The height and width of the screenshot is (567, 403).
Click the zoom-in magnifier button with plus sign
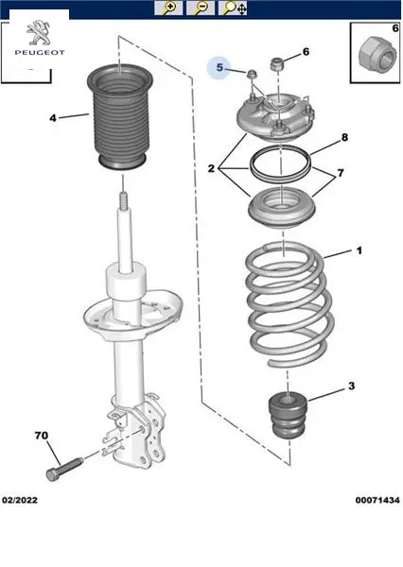tap(168, 8)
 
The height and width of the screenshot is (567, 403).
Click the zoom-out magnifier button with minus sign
tap(200, 8)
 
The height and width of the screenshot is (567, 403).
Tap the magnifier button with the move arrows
tap(233, 8)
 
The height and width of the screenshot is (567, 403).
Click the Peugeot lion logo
tap(39, 33)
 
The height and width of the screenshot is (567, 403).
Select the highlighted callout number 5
tap(219, 67)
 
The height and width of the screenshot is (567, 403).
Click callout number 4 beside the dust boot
tap(53, 118)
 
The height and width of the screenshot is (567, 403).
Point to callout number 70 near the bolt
tap(42, 436)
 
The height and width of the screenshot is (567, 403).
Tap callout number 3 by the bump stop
tap(352, 386)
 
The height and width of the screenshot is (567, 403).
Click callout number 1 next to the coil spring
tap(359, 250)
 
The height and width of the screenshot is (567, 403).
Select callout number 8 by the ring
tap(344, 137)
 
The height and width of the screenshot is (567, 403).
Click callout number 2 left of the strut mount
tap(212, 168)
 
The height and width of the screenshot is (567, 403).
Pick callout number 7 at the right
tap(341, 173)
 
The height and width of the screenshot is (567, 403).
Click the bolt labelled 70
tap(64, 469)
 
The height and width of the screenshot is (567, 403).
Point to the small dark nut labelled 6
tap(276, 64)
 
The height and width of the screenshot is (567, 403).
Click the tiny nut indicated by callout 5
tap(251, 74)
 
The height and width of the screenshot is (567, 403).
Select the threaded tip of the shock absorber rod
tap(124, 201)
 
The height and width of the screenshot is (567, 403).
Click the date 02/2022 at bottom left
tap(20, 500)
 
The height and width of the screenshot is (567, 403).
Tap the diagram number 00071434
tap(377, 500)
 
